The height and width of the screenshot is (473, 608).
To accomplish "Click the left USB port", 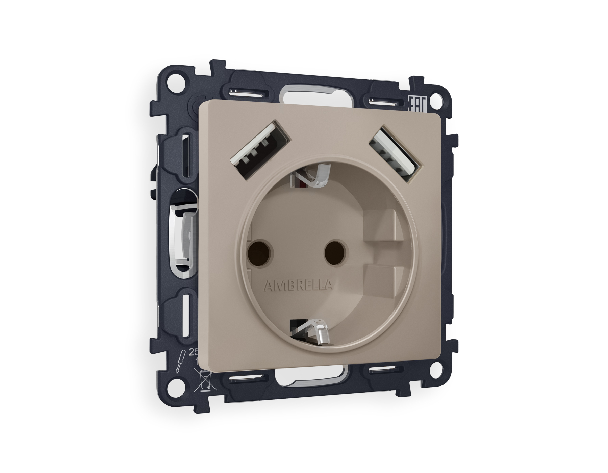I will (260, 146).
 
